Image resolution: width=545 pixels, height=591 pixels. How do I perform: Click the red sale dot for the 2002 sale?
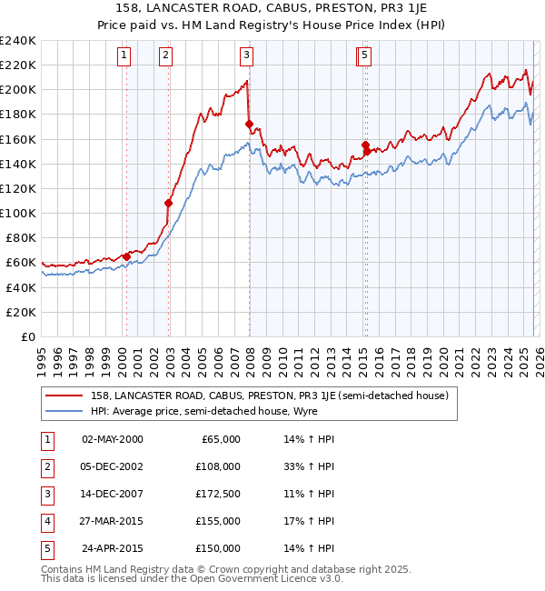tap(168, 203)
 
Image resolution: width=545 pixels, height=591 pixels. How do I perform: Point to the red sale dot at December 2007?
tap(249, 124)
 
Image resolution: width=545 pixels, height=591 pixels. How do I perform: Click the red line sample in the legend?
tap(64, 396)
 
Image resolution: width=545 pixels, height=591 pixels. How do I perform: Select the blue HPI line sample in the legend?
tap(64, 411)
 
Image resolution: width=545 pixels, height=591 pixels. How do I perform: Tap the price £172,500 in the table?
tap(218, 494)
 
